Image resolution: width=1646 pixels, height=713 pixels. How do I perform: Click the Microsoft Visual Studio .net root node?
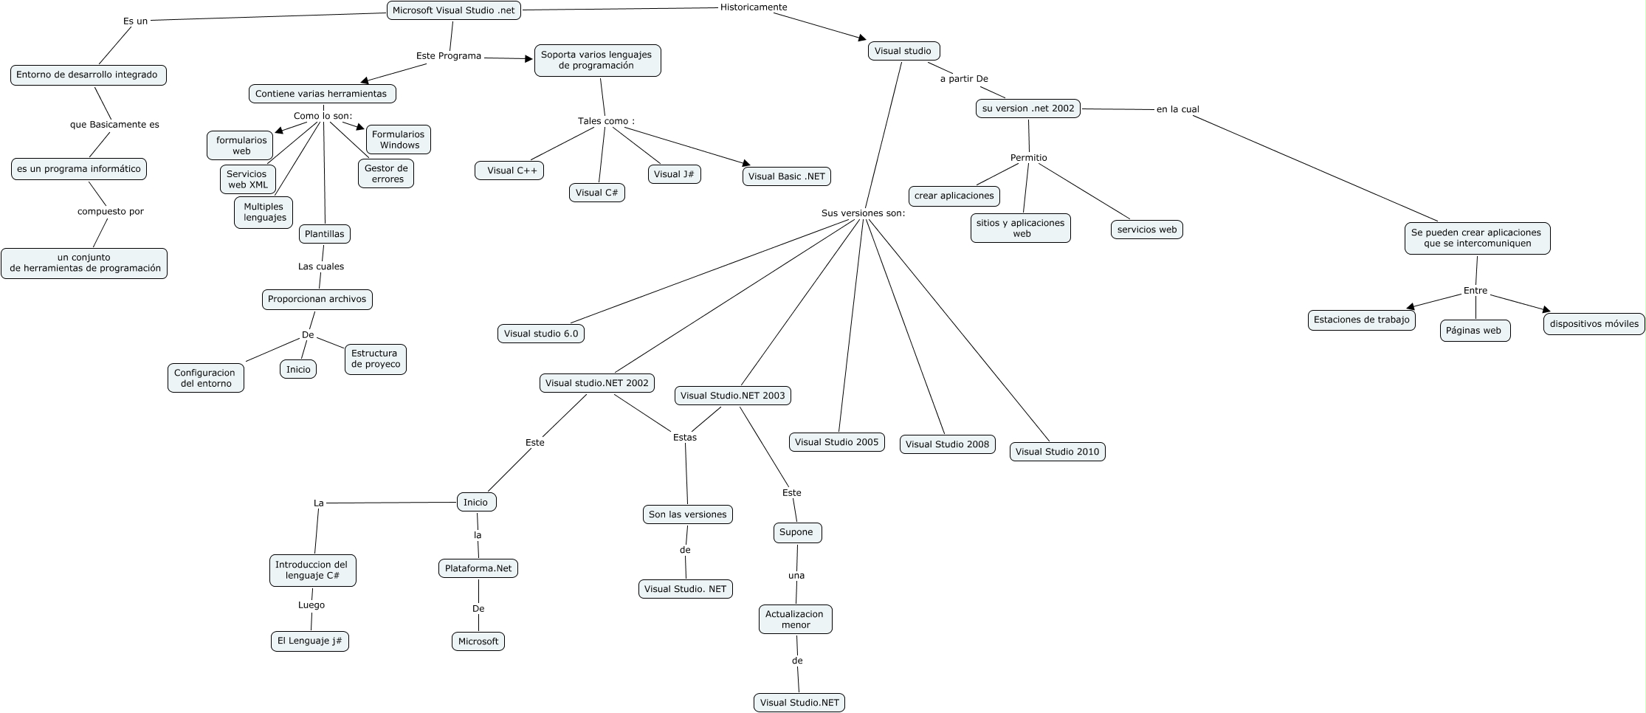coord(454,10)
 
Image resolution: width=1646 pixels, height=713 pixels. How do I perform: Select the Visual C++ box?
coord(509,170)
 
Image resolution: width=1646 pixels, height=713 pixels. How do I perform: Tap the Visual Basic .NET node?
coord(786,176)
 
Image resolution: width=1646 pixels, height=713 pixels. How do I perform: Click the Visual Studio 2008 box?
coord(947,444)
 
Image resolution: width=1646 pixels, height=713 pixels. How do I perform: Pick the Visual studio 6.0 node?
coord(541,334)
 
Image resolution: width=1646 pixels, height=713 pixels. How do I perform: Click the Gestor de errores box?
coord(385,173)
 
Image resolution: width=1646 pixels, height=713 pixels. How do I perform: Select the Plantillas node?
coord(324,234)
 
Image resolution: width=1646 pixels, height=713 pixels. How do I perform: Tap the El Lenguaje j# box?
coord(309,641)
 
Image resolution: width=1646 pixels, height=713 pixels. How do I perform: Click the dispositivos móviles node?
coord(1594,323)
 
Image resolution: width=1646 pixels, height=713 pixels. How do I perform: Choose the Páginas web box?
coord(1474,331)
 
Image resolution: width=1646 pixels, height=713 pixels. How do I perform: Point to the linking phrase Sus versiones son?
coord(863,213)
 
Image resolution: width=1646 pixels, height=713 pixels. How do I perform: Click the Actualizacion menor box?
coord(795,619)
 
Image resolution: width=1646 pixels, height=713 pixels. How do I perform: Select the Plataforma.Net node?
coord(478,568)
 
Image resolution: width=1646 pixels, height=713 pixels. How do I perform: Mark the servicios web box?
coord(1146,230)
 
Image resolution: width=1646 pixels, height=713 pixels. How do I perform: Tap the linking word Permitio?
coord(1028,158)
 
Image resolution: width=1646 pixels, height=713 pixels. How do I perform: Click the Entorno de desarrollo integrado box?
coord(88,75)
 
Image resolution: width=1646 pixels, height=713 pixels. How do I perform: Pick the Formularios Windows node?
coord(398,139)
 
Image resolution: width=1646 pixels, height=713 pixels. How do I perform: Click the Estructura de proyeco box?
coord(375,359)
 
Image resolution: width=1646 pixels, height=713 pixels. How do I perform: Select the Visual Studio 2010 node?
coord(1057,452)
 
